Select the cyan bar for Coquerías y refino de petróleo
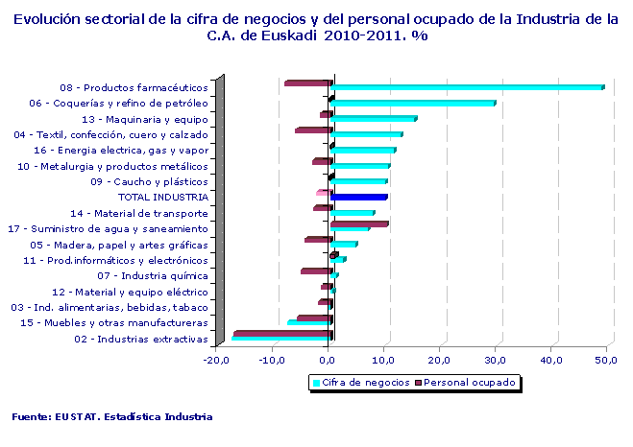tap(412, 103)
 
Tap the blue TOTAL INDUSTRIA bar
tap(358, 197)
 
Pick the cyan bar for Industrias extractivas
tap(280, 339)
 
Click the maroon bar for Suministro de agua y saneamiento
tap(359, 224)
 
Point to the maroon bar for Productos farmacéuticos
tap(308, 83)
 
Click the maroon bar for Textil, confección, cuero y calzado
tap(313, 130)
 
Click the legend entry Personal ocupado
tap(470, 382)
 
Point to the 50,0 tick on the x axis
tap(605, 360)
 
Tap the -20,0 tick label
tap(215, 360)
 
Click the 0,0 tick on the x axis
tap(328, 360)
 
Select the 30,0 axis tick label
tap(495, 360)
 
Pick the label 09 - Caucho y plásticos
tap(149, 181)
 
